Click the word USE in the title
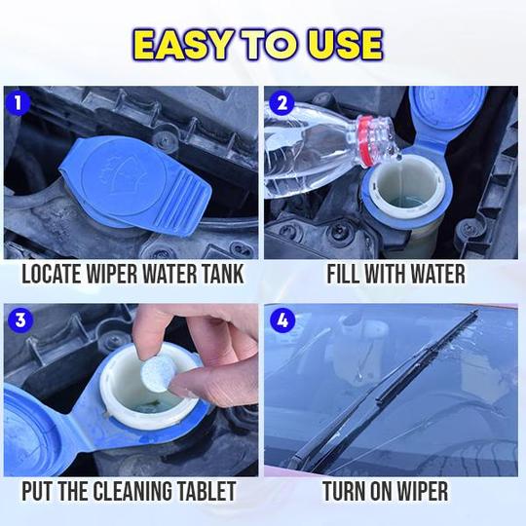(x=343, y=45)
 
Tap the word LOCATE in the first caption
(x=55, y=274)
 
